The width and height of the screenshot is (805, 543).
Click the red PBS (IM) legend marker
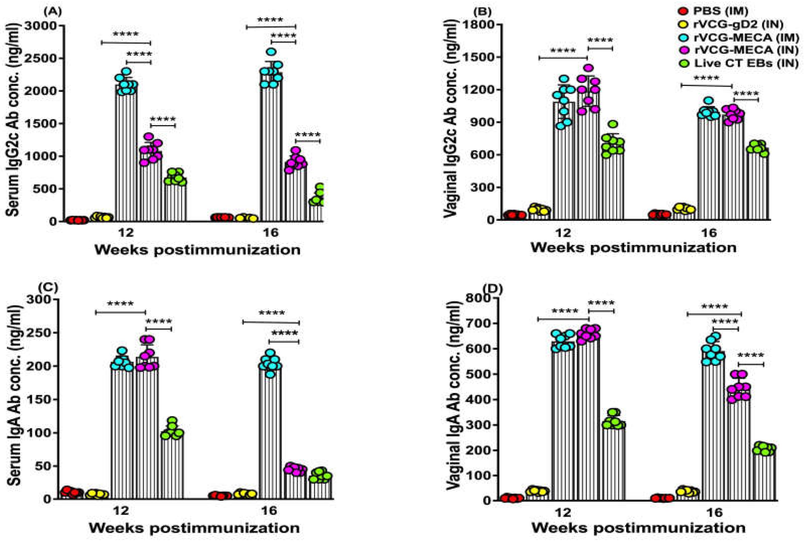pyautogui.click(x=681, y=11)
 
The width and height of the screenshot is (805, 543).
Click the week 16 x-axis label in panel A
pyautogui.click(x=270, y=232)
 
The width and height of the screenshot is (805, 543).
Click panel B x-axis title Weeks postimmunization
pyautogui.click(x=633, y=248)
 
